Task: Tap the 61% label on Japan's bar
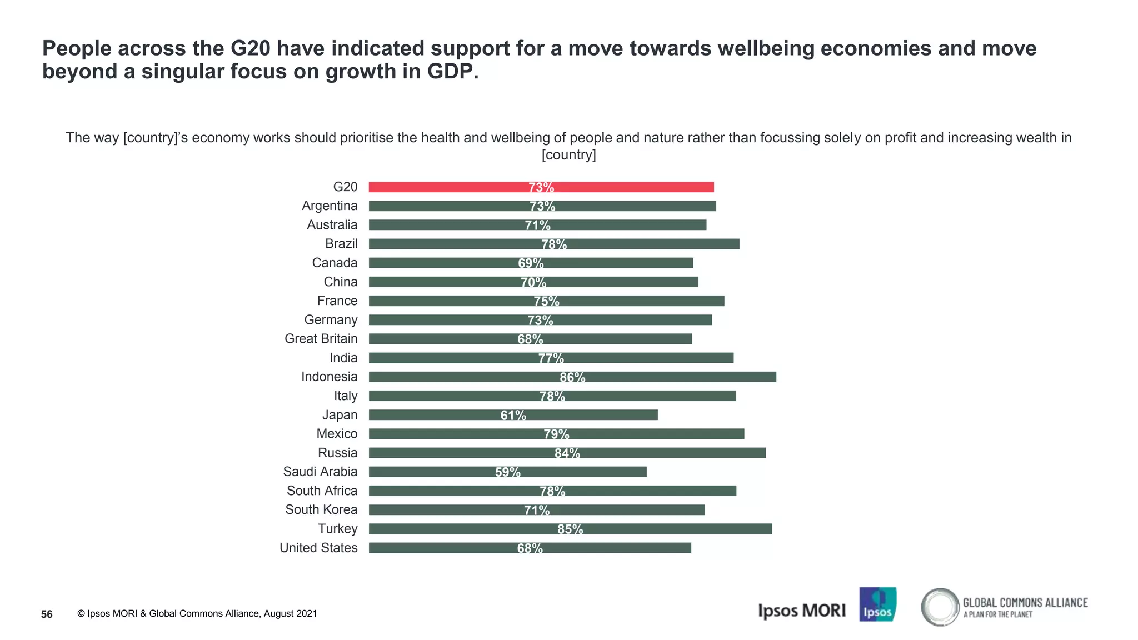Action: [x=513, y=415]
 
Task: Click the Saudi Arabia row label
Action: [x=320, y=472]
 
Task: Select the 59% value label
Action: [x=507, y=472]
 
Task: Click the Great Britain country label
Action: [x=321, y=339]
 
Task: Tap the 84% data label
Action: [x=567, y=453]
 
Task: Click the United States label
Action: [x=318, y=548]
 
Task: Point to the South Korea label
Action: [x=321, y=509]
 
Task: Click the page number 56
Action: [x=47, y=614]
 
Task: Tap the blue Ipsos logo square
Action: [x=877, y=604]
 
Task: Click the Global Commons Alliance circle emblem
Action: [x=940, y=607]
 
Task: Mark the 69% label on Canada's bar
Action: [x=531, y=263]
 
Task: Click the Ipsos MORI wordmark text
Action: [x=801, y=611]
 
